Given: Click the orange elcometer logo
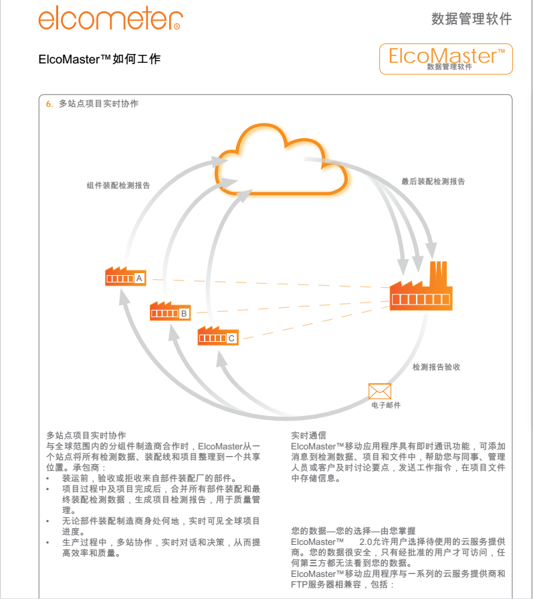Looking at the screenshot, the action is pos(110,18).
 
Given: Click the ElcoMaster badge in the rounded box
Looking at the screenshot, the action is pos(446,59).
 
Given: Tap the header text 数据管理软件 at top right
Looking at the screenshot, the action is pos(471,19).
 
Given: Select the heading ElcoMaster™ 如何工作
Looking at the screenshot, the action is pos(100,59).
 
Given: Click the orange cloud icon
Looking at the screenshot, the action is pos(282,160).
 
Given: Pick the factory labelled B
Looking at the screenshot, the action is pos(170,311).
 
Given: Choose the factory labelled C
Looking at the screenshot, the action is pos(218,336).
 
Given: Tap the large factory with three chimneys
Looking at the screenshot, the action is pos(421,286).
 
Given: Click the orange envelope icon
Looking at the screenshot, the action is pos(380,391).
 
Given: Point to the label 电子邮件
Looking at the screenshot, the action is pos(386,405).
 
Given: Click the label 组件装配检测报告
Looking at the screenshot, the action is pos(118,186).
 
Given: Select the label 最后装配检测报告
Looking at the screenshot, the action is pos(433,182).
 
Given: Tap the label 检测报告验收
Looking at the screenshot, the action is pos(436,367).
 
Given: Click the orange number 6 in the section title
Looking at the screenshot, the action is pos(49,104).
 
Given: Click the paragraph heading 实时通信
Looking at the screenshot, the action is pos(309,435).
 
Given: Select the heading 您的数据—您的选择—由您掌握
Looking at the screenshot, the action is pos(353,531).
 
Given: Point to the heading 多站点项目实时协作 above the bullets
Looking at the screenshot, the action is pos(86,435).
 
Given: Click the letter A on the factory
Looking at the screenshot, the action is pos(139,278).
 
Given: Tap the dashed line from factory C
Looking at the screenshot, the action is pos(316,323).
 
